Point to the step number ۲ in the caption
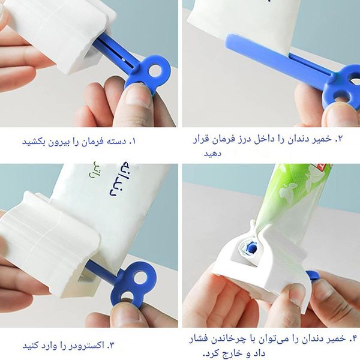(x=339, y=139)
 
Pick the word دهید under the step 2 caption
(x=212, y=154)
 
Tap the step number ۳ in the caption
(x=110, y=346)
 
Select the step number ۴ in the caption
(x=353, y=338)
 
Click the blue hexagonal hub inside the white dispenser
(x=252, y=248)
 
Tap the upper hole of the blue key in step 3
(x=140, y=277)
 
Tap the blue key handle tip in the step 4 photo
(x=312, y=275)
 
